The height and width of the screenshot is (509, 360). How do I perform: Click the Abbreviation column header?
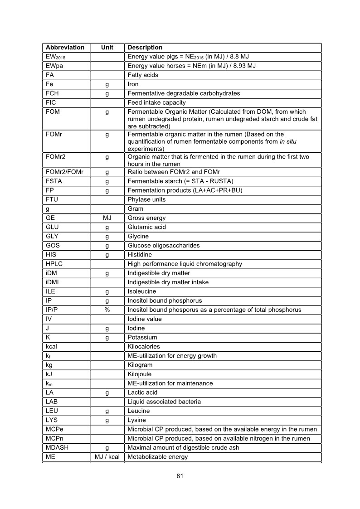pyautogui.click(x=65, y=48)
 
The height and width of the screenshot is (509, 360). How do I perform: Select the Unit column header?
pyautogui.click(x=107, y=48)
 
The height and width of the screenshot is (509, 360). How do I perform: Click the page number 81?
pyautogui.click(x=180, y=476)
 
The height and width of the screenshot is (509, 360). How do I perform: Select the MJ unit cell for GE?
pyautogui.click(x=107, y=218)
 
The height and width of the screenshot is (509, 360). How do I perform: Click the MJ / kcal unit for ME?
pyautogui.click(x=107, y=457)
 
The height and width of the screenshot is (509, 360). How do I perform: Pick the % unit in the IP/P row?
pyautogui.click(x=107, y=310)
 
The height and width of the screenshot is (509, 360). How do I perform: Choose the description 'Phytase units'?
pyautogui.click(x=146, y=199)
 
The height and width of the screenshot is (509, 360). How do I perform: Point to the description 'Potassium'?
pyautogui.click(x=142, y=338)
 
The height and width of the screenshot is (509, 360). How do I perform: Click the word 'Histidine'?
pyautogui.click(x=141, y=255)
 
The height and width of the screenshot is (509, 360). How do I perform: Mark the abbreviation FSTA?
pyautogui.click(x=54, y=181)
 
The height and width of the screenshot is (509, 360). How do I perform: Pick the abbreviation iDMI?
pyautogui.click(x=53, y=282)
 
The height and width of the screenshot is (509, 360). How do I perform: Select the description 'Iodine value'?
pyautogui.click(x=145, y=319)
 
